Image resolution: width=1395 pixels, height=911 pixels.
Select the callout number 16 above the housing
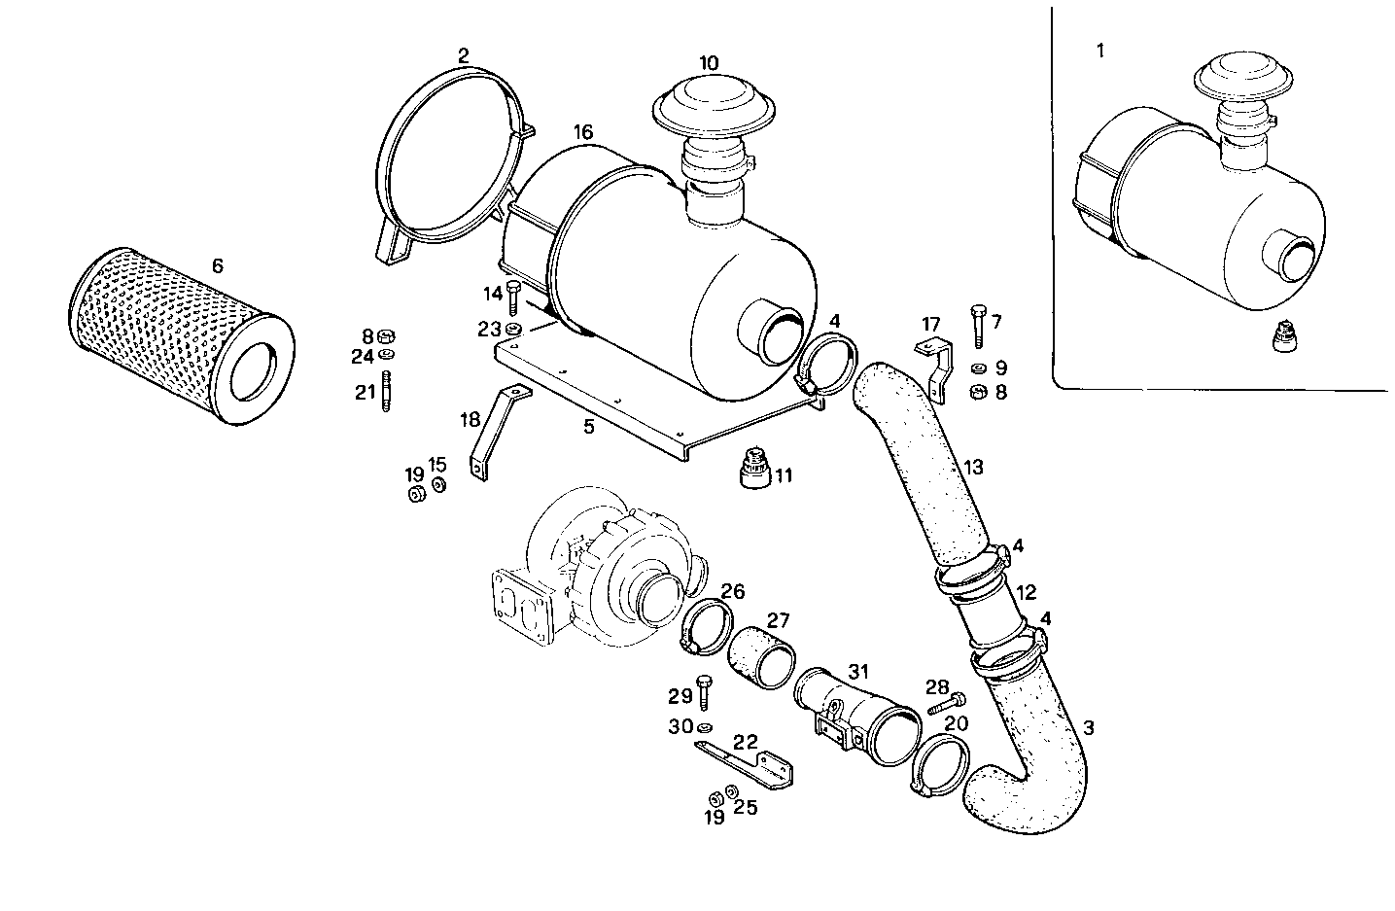pos(582,132)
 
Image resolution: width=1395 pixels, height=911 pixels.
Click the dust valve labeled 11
pos(752,471)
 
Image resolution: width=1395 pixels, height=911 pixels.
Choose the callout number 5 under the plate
pos(589,427)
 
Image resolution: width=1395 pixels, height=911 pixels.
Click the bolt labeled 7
pos(977,325)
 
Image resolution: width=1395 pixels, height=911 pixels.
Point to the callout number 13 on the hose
pos(974,468)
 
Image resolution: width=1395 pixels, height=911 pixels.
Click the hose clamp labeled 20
pos(941,768)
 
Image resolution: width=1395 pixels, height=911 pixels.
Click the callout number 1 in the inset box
pos(1100,51)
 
